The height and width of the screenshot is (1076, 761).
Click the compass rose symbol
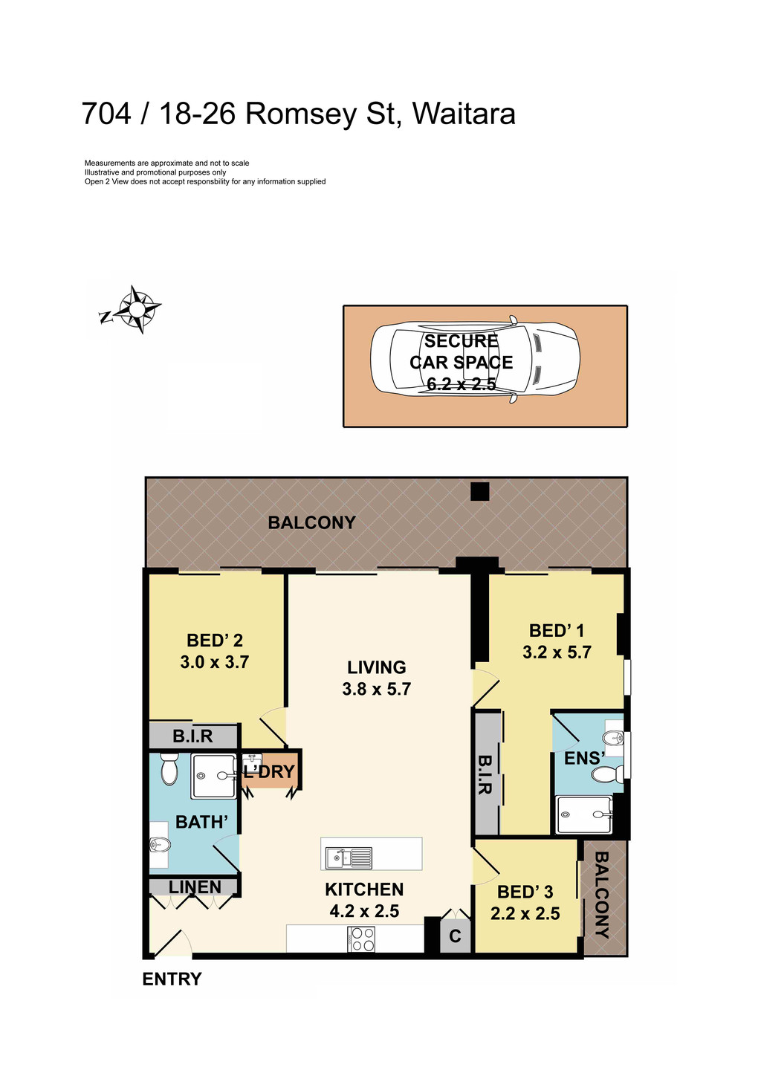pos(138,308)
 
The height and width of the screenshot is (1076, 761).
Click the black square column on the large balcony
pos(480,491)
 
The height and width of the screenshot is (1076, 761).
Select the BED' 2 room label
pos(215,641)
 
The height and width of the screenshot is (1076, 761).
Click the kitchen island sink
pos(349,858)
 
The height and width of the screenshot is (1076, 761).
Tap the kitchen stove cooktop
pos(362,940)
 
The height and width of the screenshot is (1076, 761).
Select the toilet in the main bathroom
pos(169,770)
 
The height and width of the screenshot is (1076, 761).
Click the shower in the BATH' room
pos(213,777)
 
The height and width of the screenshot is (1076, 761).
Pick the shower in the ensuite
pos(584,815)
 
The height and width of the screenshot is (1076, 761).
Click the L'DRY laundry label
pos(269,772)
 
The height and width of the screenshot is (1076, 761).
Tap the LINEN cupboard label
pos(195,887)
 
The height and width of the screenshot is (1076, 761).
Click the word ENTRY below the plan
pos(172,979)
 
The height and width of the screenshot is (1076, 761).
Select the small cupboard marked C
pos(455,936)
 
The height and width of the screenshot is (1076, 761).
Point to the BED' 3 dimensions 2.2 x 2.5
pos(525,913)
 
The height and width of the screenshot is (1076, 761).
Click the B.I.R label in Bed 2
pos(193,736)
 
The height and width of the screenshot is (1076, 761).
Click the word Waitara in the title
pos(464,114)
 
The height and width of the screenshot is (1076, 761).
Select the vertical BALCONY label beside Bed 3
pos(602,895)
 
